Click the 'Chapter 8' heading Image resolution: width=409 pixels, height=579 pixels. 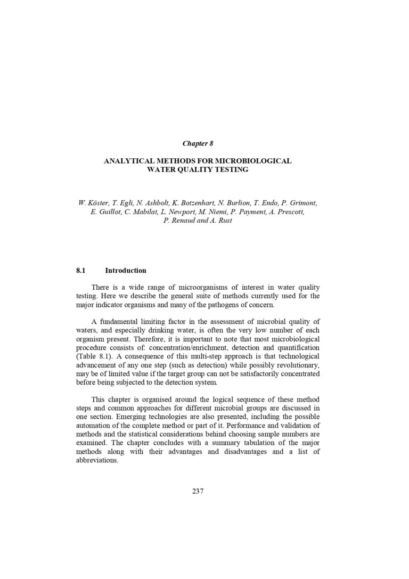click(x=198, y=143)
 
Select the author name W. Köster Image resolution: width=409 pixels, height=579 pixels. click(x=92, y=203)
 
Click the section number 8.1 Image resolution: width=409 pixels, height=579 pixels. click(x=81, y=270)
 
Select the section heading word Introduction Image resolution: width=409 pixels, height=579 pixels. click(x=126, y=270)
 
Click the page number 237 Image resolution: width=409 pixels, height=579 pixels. click(x=198, y=491)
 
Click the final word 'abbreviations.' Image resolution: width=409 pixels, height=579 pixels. click(x=97, y=460)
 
